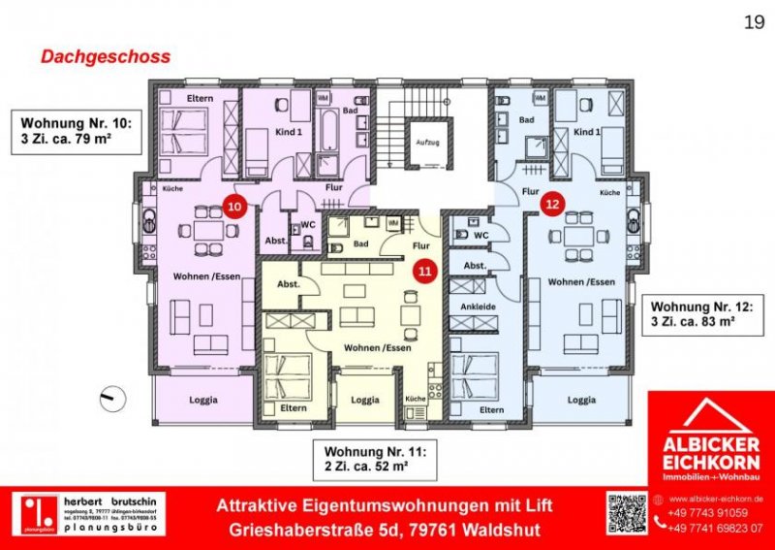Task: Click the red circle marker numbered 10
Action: (x=233, y=206)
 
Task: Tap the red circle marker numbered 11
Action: (x=423, y=273)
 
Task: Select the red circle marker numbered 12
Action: (x=551, y=204)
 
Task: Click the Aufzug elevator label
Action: (x=424, y=141)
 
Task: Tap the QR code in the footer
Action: (x=626, y=514)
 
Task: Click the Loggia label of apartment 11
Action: (x=364, y=399)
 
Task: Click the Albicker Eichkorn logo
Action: (x=710, y=439)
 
